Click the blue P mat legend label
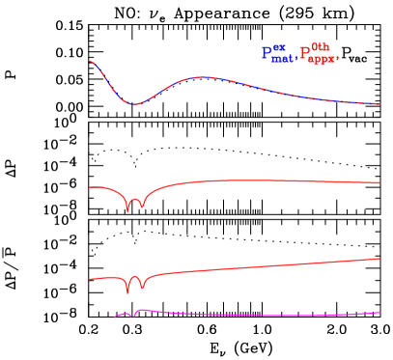[276, 54]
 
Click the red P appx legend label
[320, 54]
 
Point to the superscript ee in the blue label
[280, 48]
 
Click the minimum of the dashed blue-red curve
[134, 103]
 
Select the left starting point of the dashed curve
[90, 62]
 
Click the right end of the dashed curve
[379, 104]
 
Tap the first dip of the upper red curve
[127, 210]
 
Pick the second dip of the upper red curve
[141, 208]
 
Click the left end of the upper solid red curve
[90, 188]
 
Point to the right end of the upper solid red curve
[379, 182]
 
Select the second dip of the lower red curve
[142, 289]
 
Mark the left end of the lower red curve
[90, 279]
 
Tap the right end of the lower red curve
[379, 258]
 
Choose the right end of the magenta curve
[379, 312]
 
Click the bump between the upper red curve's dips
[134, 197]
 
